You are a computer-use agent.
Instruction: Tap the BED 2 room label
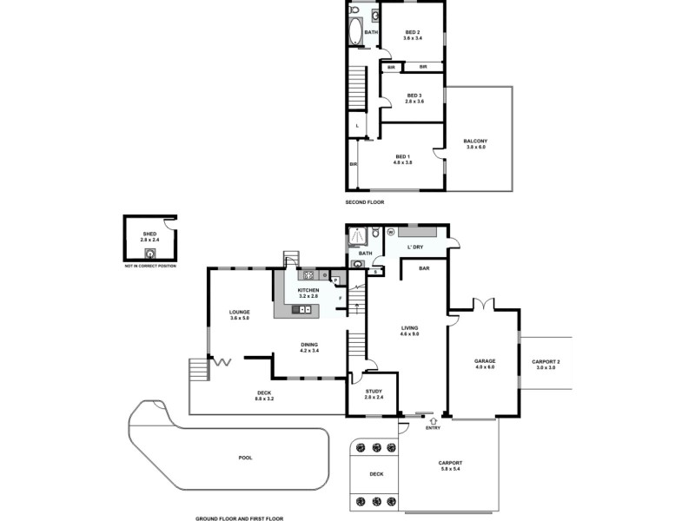click(412, 32)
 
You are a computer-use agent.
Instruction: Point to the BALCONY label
click(475, 142)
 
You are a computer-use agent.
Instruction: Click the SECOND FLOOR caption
click(364, 201)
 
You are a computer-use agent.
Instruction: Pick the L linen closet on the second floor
click(358, 127)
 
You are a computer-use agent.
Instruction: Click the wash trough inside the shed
click(150, 254)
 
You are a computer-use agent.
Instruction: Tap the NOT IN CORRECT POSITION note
click(150, 265)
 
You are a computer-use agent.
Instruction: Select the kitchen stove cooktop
click(308, 275)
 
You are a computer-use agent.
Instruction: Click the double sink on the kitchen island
click(304, 309)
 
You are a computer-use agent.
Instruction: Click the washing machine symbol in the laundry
click(390, 232)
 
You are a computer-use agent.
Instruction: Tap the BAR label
click(424, 268)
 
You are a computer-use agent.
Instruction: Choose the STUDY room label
click(373, 391)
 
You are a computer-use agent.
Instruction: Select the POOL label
click(245, 457)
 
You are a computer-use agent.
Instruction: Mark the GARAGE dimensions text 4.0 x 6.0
click(484, 367)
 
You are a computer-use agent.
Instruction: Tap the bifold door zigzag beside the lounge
click(222, 362)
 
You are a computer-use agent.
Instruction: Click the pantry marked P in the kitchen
click(335, 280)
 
